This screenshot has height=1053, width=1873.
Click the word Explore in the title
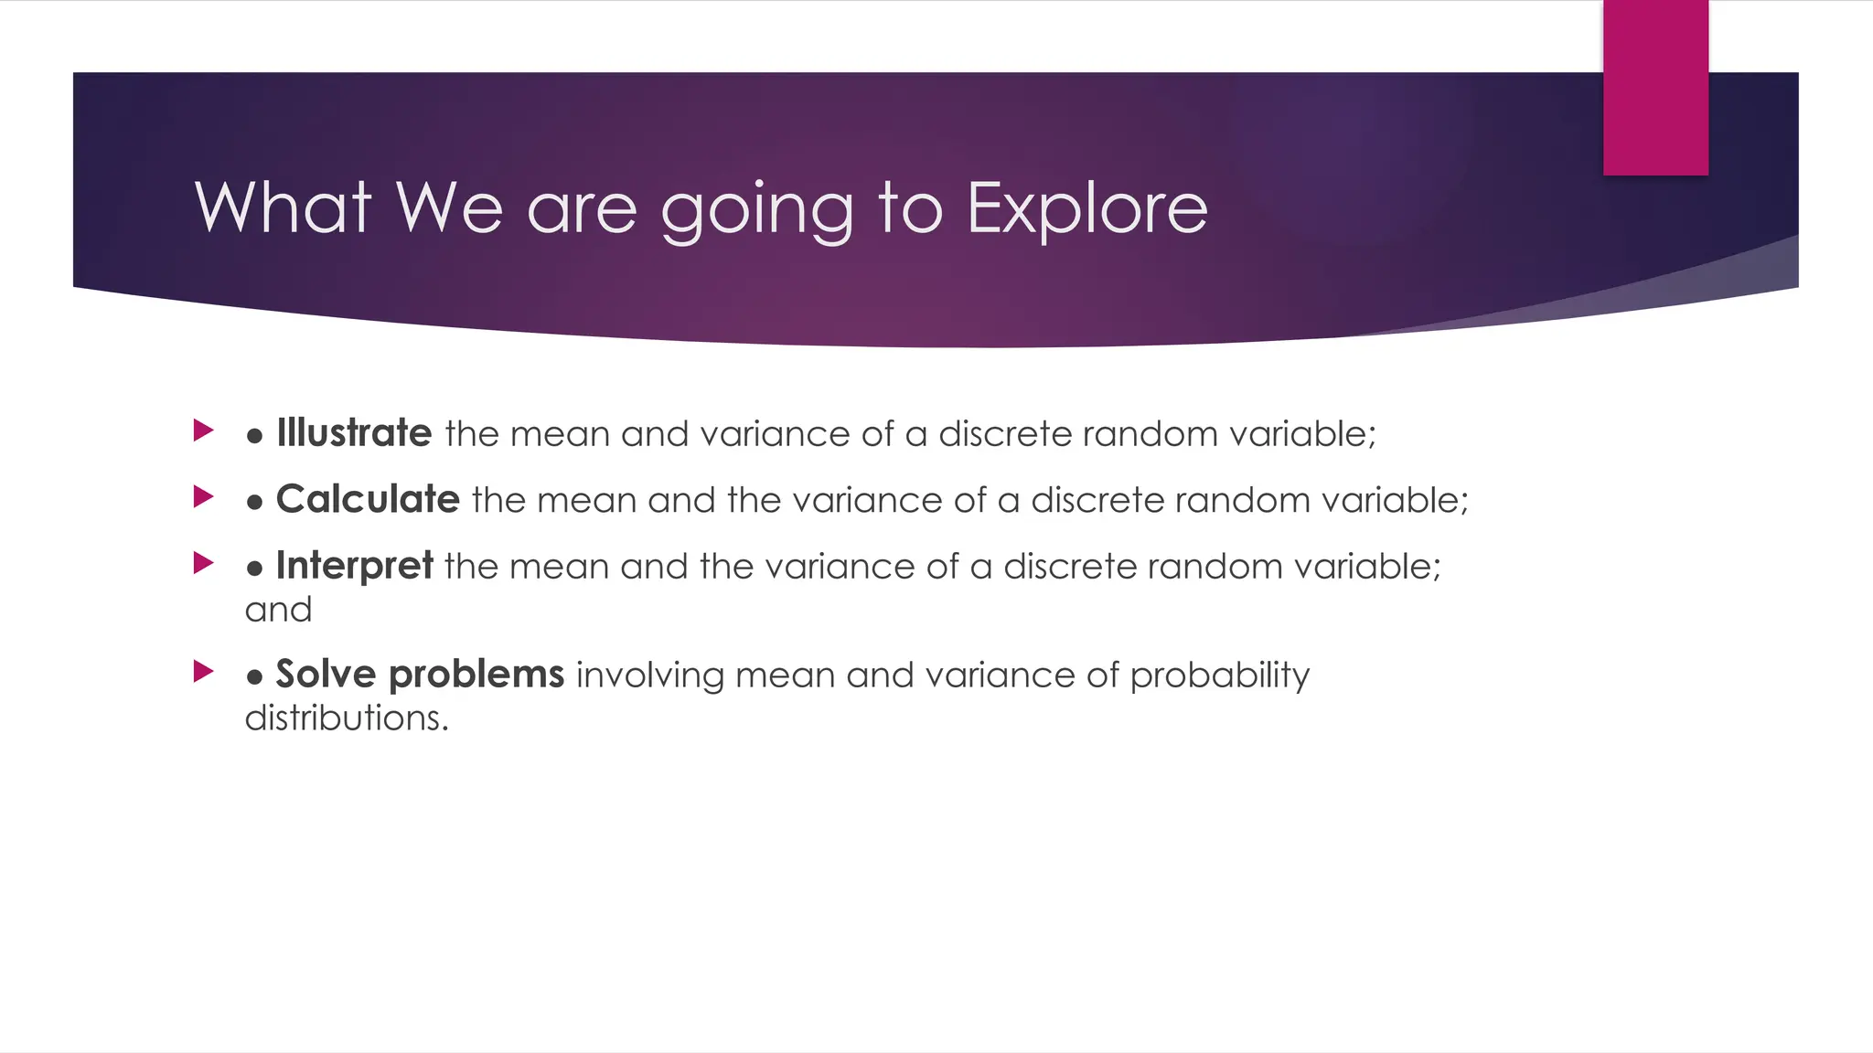(x=1086, y=208)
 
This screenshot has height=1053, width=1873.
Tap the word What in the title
(x=283, y=207)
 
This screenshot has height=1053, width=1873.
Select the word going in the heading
(x=757, y=212)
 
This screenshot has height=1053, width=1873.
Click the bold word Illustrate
(x=354, y=433)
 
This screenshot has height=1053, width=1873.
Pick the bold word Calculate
(x=368, y=500)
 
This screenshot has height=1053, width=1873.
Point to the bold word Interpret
(x=354, y=567)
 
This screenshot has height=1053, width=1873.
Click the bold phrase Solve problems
(x=420, y=675)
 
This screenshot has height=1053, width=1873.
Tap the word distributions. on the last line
(x=347, y=718)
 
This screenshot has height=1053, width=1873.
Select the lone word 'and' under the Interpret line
(x=278, y=610)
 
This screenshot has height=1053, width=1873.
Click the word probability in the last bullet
(x=1219, y=676)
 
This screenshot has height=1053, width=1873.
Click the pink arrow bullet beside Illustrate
(x=203, y=431)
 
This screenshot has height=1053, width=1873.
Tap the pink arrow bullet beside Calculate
(x=203, y=497)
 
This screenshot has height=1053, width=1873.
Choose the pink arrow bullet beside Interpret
(x=203, y=563)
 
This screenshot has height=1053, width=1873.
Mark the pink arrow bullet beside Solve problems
(x=203, y=673)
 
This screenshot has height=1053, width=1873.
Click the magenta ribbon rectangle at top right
(x=1655, y=87)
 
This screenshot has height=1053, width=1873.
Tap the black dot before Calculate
(x=255, y=503)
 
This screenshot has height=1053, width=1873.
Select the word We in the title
(x=449, y=207)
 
